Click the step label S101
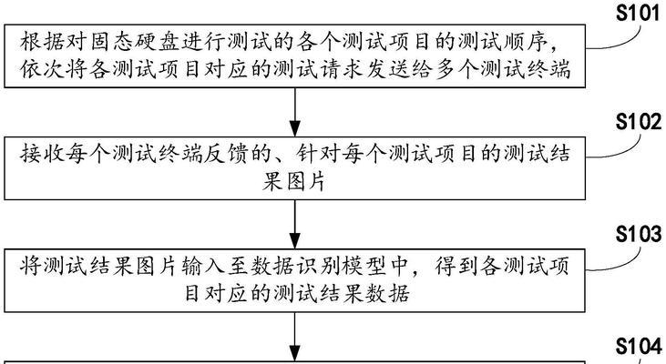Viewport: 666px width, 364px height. click(639, 13)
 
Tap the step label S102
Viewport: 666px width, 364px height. click(639, 122)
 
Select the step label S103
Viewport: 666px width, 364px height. click(639, 234)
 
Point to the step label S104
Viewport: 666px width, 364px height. click(639, 346)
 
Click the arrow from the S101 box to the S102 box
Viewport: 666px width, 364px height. click(295, 112)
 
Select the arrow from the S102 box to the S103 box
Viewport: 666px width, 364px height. click(295, 224)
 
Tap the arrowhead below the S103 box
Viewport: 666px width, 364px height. click(295, 353)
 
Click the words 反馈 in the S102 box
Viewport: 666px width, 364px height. click(226, 154)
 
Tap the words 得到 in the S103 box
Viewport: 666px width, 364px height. click(456, 266)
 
